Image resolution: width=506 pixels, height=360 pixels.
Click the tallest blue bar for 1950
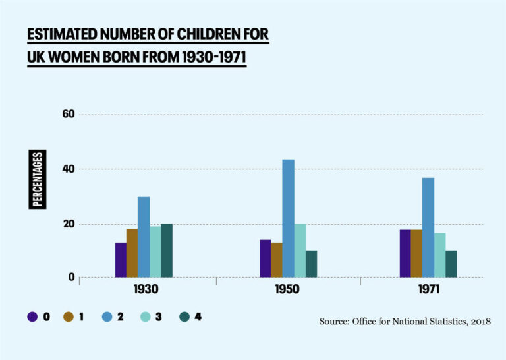click(289, 218)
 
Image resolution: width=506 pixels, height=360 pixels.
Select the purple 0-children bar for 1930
click(121, 260)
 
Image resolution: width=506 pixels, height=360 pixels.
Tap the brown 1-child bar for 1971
click(416, 253)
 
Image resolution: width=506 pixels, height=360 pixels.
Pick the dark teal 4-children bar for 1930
click(167, 251)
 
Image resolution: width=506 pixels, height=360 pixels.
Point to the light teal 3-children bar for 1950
click(300, 251)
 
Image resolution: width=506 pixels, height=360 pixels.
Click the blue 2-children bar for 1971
click(428, 227)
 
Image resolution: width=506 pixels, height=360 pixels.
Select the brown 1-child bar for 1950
click(277, 260)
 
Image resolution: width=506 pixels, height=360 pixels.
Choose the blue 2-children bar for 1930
click(144, 237)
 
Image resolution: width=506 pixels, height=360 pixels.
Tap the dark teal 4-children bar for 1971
click(451, 264)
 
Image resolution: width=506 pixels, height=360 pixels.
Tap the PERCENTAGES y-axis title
click(38, 179)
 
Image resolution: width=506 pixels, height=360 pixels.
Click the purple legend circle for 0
click(32, 317)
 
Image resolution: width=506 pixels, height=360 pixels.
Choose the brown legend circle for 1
click(69, 317)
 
